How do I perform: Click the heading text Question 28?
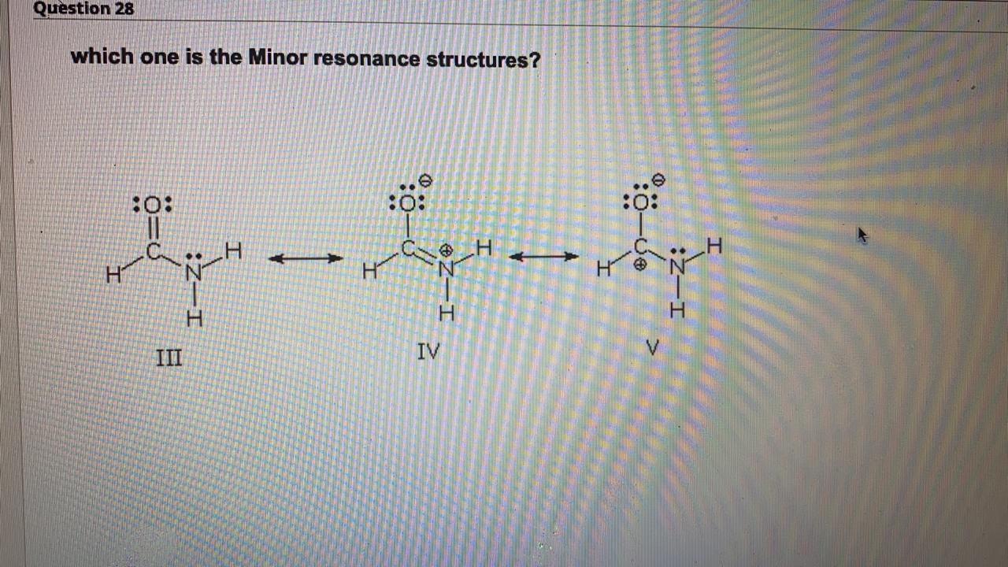click(83, 9)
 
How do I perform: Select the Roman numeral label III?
click(168, 358)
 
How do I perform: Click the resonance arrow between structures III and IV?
click(306, 258)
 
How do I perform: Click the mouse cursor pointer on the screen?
click(862, 235)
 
